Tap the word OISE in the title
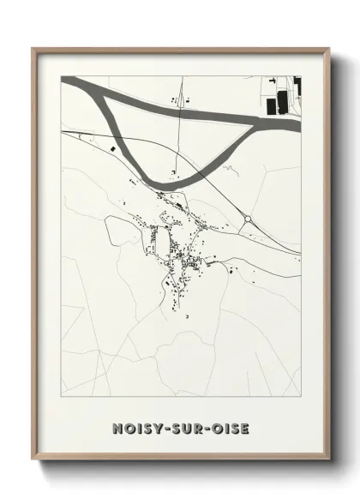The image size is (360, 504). point(230,428)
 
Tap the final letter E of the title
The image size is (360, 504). point(244,428)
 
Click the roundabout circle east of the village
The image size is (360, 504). point(248,219)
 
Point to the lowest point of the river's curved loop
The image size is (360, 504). point(163,183)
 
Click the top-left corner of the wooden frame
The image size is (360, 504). point(33,49)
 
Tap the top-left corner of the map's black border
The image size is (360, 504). point(62,76)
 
